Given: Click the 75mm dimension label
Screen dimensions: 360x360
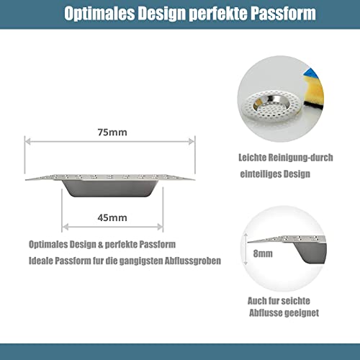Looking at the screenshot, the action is point(112,132).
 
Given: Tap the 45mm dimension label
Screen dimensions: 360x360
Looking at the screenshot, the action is point(112,217).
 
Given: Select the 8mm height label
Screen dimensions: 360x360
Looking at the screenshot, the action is point(263,253).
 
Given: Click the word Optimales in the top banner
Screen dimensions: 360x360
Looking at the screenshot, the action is point(99,14).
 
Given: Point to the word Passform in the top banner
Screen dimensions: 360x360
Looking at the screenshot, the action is point(283,13).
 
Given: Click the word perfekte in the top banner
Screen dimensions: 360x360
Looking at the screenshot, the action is point(218,14).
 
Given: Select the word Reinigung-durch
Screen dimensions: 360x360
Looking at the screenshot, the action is point(300,158).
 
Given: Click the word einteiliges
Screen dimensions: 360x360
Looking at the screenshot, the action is point(260,174).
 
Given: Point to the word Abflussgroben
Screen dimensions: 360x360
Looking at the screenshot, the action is point(193,261).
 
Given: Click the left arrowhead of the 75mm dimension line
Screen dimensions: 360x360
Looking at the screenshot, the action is point(27,142).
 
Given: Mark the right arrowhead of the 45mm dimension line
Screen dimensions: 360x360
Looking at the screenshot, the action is point(160,227).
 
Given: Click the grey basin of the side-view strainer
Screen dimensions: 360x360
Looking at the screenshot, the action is point(110,189).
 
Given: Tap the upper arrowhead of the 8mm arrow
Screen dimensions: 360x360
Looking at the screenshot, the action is point(246,236).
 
